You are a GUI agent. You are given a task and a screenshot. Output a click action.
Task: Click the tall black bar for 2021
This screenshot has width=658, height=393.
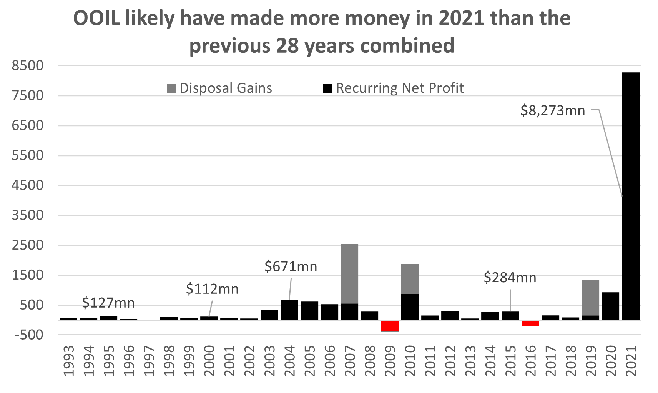[631, 196]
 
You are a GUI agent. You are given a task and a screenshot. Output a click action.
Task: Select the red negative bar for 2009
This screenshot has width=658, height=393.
[390, 326]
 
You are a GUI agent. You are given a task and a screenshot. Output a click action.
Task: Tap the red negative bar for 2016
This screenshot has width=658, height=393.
[530, 323]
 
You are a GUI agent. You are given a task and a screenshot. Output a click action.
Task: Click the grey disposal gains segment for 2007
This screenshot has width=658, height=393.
[349, 273]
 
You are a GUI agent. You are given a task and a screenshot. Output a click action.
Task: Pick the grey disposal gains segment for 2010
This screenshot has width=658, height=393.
[410, 279]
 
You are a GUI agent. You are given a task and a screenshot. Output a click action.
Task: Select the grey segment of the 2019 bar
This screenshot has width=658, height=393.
[590, 297]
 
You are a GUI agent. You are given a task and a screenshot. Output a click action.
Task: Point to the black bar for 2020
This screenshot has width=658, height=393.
[610, 306]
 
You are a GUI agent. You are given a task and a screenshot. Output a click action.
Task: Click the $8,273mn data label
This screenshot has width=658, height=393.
[552, 111]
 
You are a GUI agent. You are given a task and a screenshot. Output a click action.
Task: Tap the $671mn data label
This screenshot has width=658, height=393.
[291, 266]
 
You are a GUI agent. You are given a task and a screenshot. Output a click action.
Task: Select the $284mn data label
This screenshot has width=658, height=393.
[510, 278]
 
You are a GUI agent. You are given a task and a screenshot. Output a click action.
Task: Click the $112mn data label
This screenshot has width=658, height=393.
[212, 289]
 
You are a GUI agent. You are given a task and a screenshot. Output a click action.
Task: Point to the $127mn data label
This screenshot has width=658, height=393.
[108, 303]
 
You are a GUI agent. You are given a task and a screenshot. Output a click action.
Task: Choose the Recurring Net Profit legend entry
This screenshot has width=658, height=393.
[394, 88]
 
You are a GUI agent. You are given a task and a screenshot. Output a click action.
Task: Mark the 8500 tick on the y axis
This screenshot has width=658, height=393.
[28, 65]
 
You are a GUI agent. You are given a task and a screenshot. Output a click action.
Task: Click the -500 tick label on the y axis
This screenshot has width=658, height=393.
[29, 335]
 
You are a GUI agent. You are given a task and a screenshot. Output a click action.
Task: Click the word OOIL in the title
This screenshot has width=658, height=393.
[96, 18]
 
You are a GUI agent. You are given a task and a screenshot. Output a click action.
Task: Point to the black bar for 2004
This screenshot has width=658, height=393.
[289, 310]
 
